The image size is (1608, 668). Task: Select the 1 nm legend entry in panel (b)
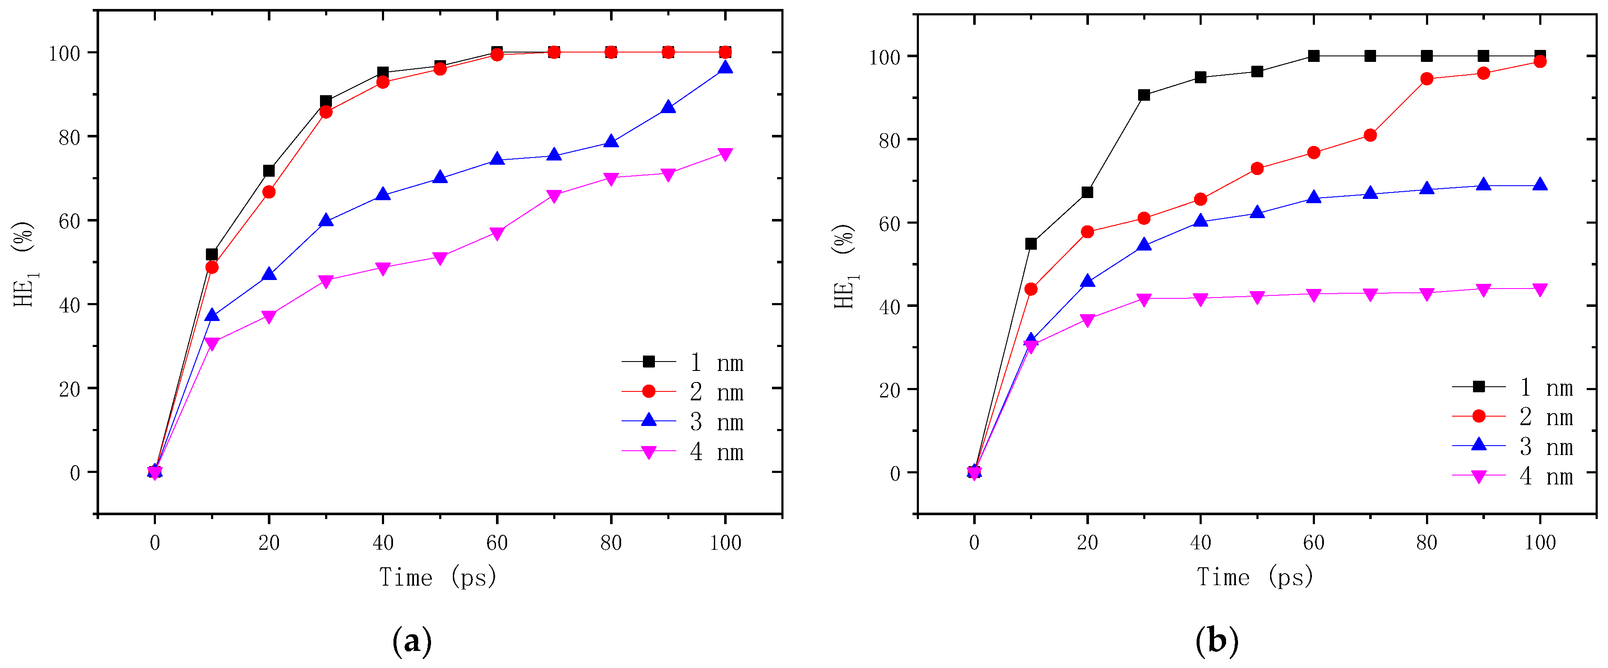click(x=1545, y=387)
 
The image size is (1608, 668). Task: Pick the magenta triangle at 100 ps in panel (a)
click(x=725, y=154)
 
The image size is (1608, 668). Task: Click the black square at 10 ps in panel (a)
click(x=211, y=254)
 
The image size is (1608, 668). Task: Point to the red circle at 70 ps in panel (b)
click(x=1370, y=135)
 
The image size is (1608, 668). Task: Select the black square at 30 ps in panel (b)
click(x=1144, y=95)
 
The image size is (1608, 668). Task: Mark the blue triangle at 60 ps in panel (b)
click(x=1313, y=198)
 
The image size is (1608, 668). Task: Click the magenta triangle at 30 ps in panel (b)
click(x=1144, y=299)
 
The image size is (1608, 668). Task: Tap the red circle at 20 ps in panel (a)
click(x=269, y=192)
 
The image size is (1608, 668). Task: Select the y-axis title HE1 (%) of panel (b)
click(x=845, y=266)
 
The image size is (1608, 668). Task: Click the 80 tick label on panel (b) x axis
click(x=1426, y=542)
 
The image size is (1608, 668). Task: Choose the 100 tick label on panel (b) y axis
click(x=884, y=57)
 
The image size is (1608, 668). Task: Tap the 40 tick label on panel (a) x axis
click(x=383, y=543)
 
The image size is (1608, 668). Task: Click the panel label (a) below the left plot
click(x=412, y=641)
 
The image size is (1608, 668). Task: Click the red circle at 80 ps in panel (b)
click(x=1426, y=79)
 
